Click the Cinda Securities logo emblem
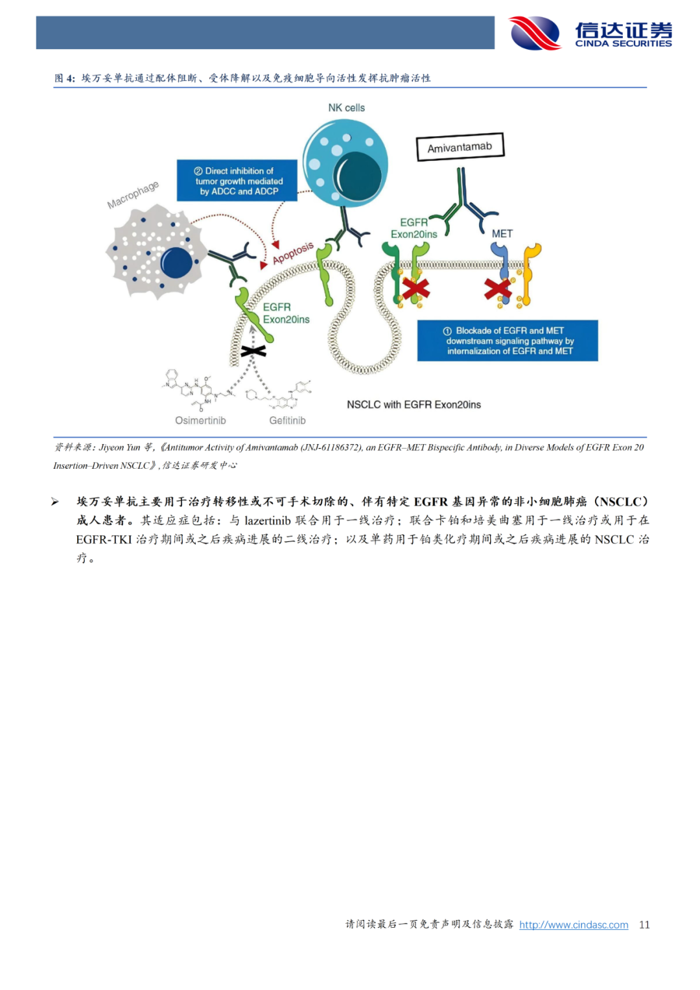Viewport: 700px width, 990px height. (x=535, y=34)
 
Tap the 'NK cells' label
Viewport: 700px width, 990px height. (x=346, y=108)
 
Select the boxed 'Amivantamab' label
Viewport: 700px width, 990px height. (x=460, y=147)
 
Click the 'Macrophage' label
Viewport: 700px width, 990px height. (x=133, y=194)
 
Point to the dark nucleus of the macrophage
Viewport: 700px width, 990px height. (x=176, y=263)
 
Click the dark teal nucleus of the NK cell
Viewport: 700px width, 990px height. (x=357, y=176)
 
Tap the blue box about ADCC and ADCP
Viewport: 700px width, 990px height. (x=237, y=181)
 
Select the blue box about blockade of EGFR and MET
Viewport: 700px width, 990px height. (x=507, y=340)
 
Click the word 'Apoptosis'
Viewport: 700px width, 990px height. (x=293, y=253)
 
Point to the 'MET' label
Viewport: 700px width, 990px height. (x=502, y=233)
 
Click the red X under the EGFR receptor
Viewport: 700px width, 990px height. (x=415, y=289)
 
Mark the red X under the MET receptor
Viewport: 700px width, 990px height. (x=498, y=289)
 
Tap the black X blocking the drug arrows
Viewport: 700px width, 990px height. (x=253, y=351)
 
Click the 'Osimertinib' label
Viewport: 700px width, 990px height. (x=200, y=420)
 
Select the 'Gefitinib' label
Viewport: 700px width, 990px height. (x=287, y=420)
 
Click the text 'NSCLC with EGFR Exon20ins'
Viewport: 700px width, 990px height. (x=414, y=405)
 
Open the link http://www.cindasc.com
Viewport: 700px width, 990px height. (x=574, y=925)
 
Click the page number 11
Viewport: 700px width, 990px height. (x=644, y=925)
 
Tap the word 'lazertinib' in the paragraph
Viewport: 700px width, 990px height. (x=268, y=521)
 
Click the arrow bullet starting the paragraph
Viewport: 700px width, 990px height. (x=55, y=502)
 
